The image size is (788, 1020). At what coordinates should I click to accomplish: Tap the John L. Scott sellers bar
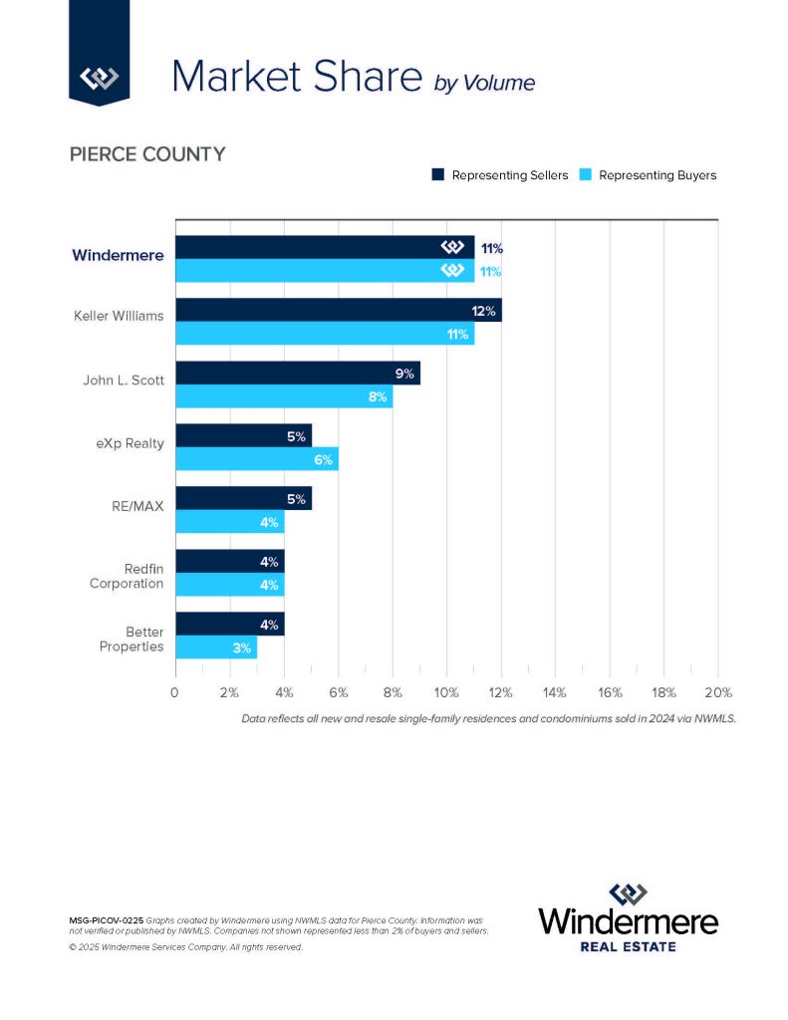pos(297,373)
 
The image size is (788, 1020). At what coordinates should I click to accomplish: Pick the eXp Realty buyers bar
pos(256,459)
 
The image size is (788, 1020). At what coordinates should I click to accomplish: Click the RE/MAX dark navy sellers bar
pos(243,498)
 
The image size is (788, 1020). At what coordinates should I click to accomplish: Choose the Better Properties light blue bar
pos(215,646)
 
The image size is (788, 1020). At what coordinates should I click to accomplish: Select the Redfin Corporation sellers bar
pos(229,561)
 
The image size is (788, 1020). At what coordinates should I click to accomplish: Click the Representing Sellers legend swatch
pos(437,175)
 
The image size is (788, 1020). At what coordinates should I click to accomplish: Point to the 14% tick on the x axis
pos(555,692)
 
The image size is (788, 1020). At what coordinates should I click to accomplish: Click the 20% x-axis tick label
pos(717,692)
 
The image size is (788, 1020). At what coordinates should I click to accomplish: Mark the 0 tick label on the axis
pos(175,692)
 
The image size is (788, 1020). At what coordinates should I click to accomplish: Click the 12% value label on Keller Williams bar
pos(484,311)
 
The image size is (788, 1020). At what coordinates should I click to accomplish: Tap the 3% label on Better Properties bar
pos(241,647)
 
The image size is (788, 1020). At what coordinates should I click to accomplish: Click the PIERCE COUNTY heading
pos(146,154)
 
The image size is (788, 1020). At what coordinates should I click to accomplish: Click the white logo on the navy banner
pos(100,77)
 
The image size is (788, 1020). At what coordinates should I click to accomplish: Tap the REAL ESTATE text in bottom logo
pos(628,945)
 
